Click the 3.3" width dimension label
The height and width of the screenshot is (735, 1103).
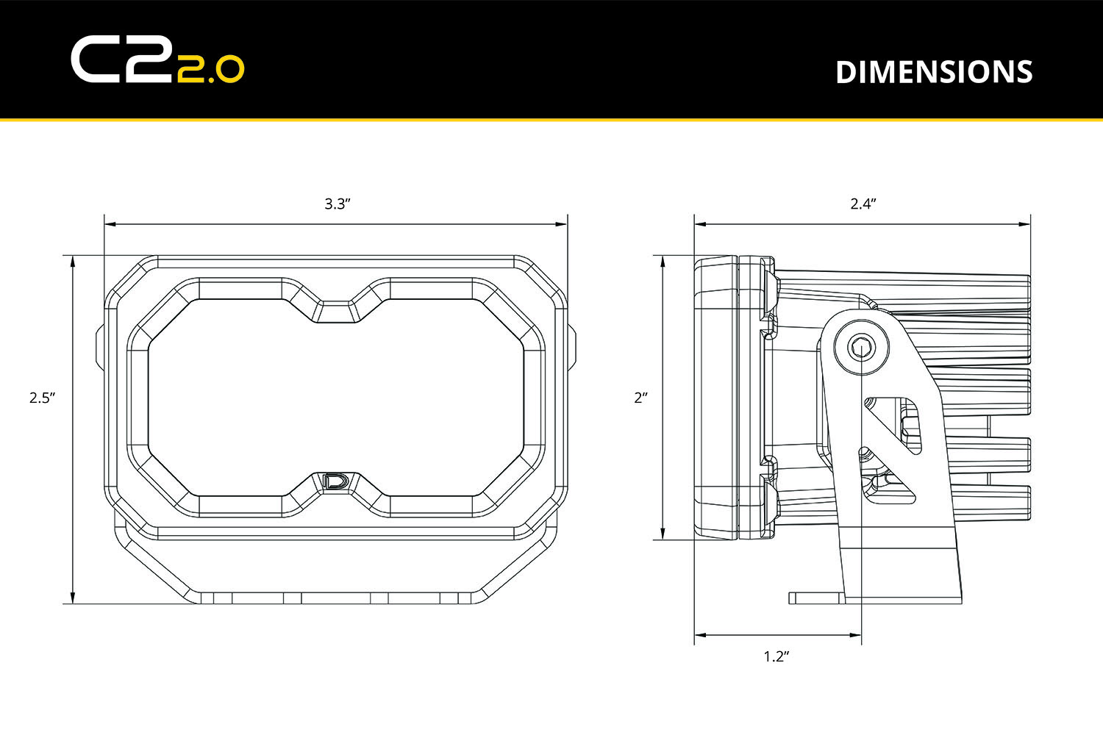337,204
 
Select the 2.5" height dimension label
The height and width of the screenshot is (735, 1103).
43,398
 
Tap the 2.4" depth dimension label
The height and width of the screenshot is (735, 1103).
863,204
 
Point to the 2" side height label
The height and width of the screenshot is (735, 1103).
641,398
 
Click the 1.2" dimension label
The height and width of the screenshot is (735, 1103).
776,656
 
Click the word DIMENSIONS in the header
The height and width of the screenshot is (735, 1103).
934,72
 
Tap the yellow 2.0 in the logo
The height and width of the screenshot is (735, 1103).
210,69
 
